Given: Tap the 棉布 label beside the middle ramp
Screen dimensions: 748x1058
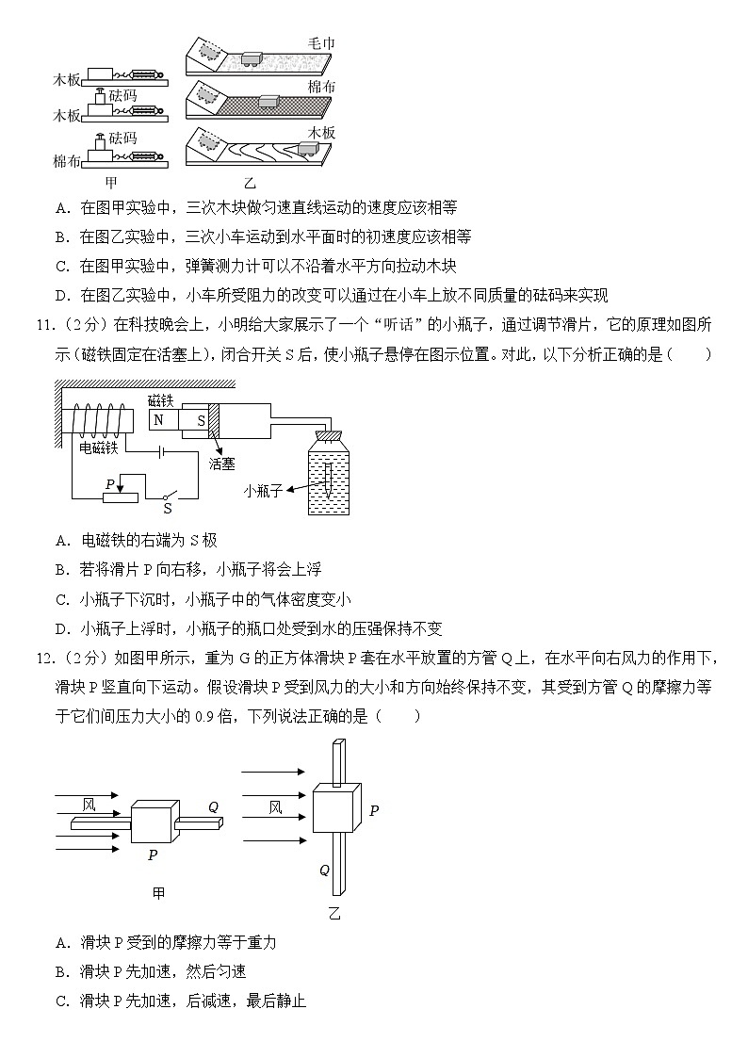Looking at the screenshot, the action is click(x=321, y=87).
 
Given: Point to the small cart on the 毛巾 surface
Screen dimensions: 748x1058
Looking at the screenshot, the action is click(x=252, y=57).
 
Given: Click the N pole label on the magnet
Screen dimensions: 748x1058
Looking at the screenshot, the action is click(x=159, y=419).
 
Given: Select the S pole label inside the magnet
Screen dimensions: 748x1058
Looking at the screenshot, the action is click(x=201, y=419).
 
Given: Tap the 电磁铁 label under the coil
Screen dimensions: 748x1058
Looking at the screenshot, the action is click(x=97, y=447).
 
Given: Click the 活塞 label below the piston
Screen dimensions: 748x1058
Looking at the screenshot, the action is click(x=221, y=464).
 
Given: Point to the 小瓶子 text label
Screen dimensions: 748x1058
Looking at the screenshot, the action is click(x=263, y=490).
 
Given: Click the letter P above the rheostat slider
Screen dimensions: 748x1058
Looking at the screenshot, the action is click(x=110, y=484).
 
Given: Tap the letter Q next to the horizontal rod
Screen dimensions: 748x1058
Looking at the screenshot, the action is click(x=213, y=806).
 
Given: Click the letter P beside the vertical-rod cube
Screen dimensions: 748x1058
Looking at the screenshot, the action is click(x=374, y=810).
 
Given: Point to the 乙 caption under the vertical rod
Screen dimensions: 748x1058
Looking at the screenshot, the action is click(x=334, y=913).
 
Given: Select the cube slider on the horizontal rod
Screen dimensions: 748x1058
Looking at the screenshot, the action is click(x=154, y=822).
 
